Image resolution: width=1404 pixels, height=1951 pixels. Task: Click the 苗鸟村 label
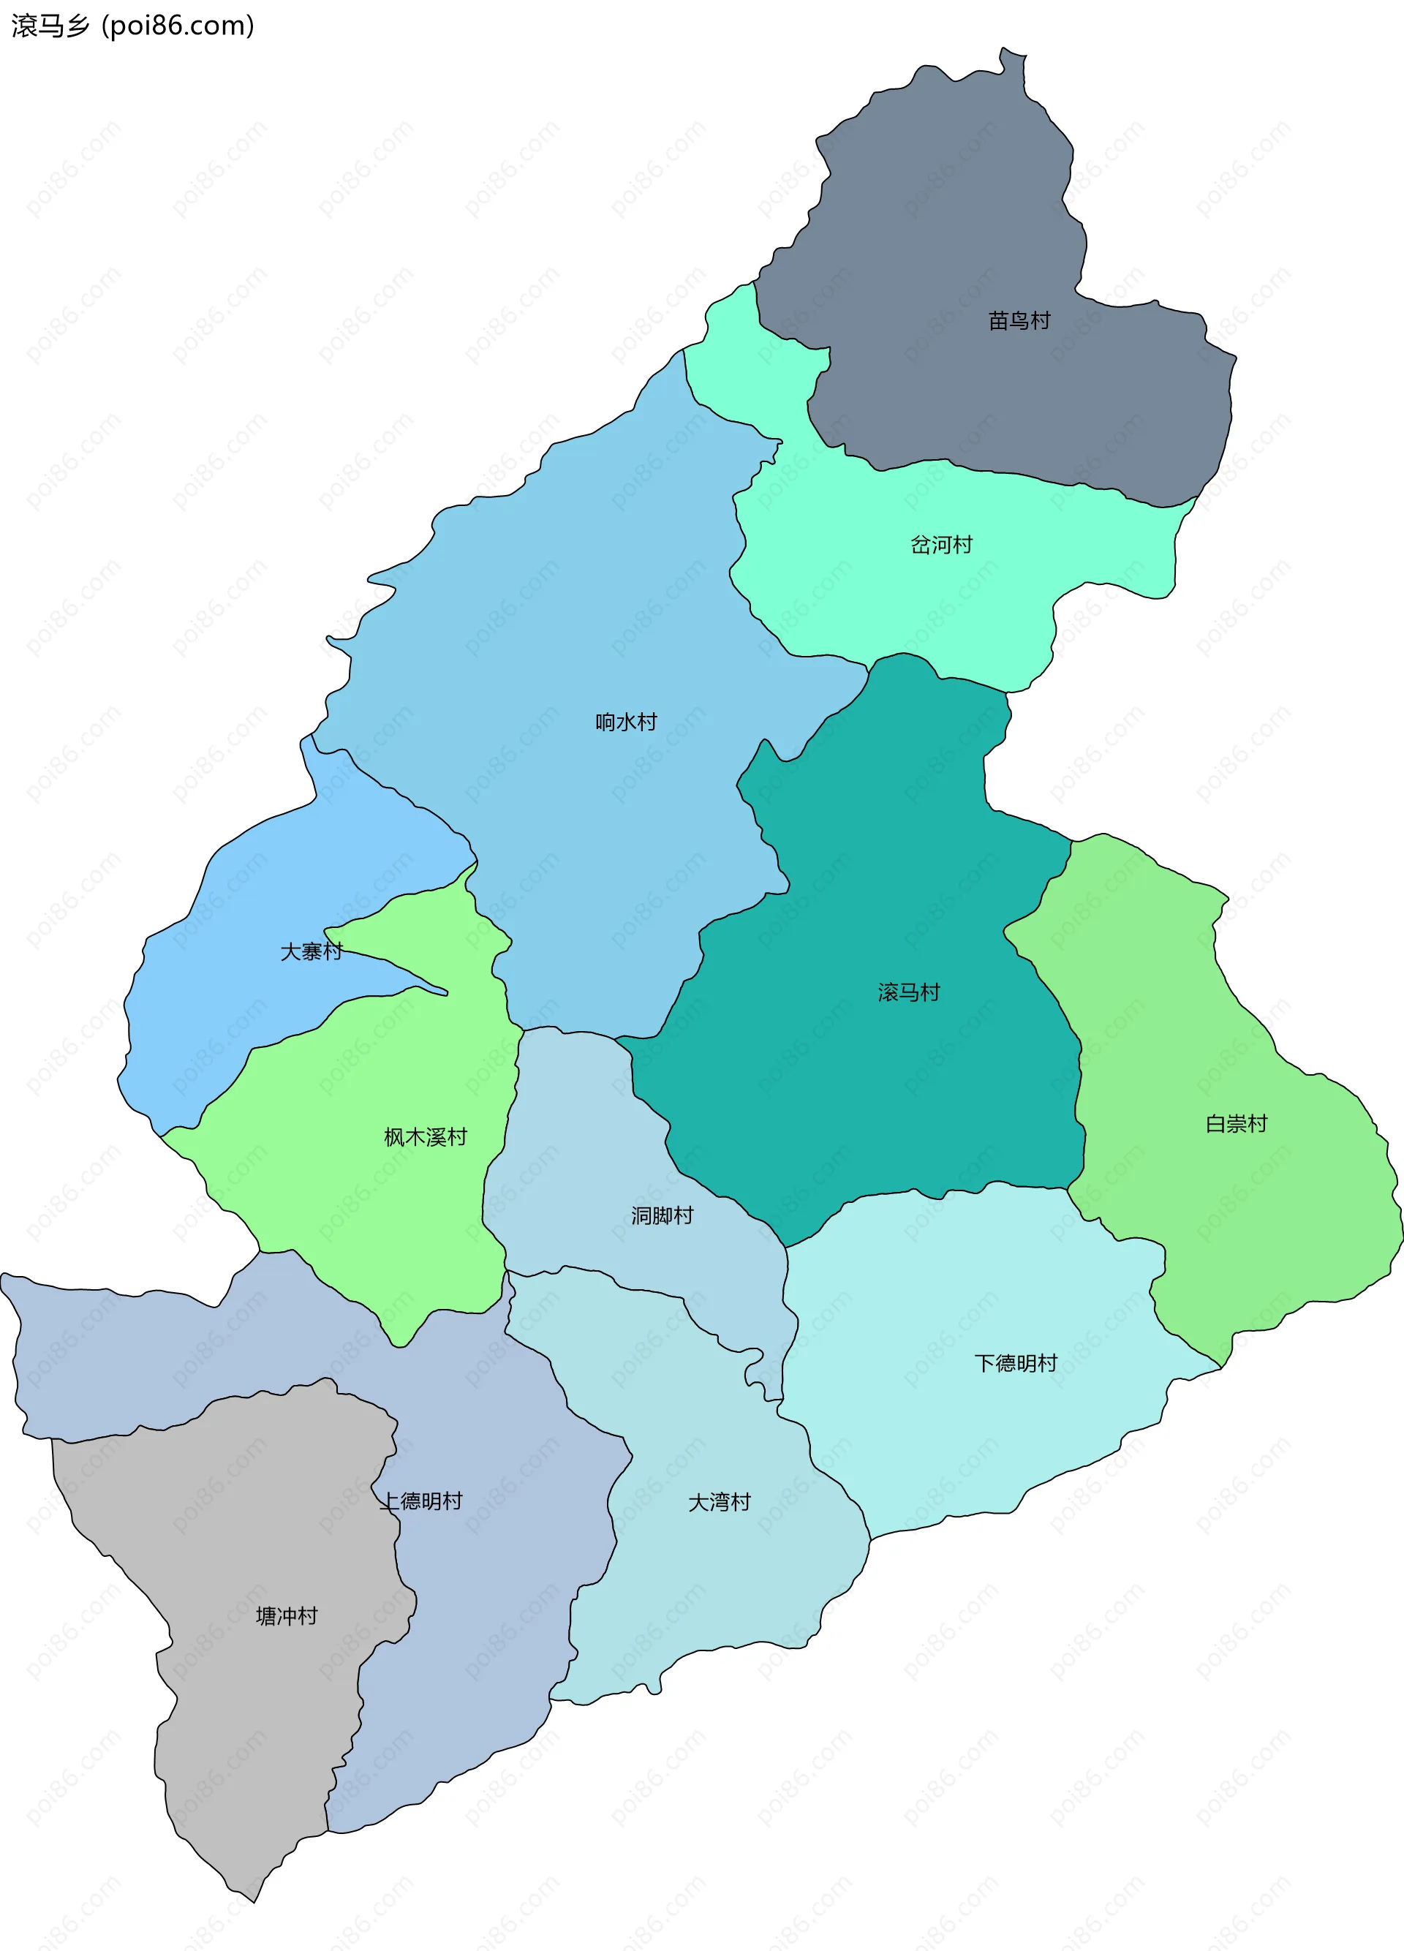pos(1019,321)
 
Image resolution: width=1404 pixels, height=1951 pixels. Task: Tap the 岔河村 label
pos(941,545)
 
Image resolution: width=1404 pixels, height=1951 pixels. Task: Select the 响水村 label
pos(626,722)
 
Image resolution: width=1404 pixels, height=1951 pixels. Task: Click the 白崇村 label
pos(1237,1123)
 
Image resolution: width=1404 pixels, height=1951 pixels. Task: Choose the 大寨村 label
pos(312,951)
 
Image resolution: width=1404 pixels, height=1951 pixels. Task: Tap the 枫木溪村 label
pos(425,1137)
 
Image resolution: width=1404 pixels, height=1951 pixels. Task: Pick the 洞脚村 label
pos(663,1215)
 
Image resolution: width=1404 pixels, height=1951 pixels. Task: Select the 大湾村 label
pos(720,1502)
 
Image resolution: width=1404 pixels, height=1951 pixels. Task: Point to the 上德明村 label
pos(421,1501)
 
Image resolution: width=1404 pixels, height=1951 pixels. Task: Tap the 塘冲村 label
pos(287,1615)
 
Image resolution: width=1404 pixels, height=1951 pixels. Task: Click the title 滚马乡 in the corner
pos(50,26)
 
